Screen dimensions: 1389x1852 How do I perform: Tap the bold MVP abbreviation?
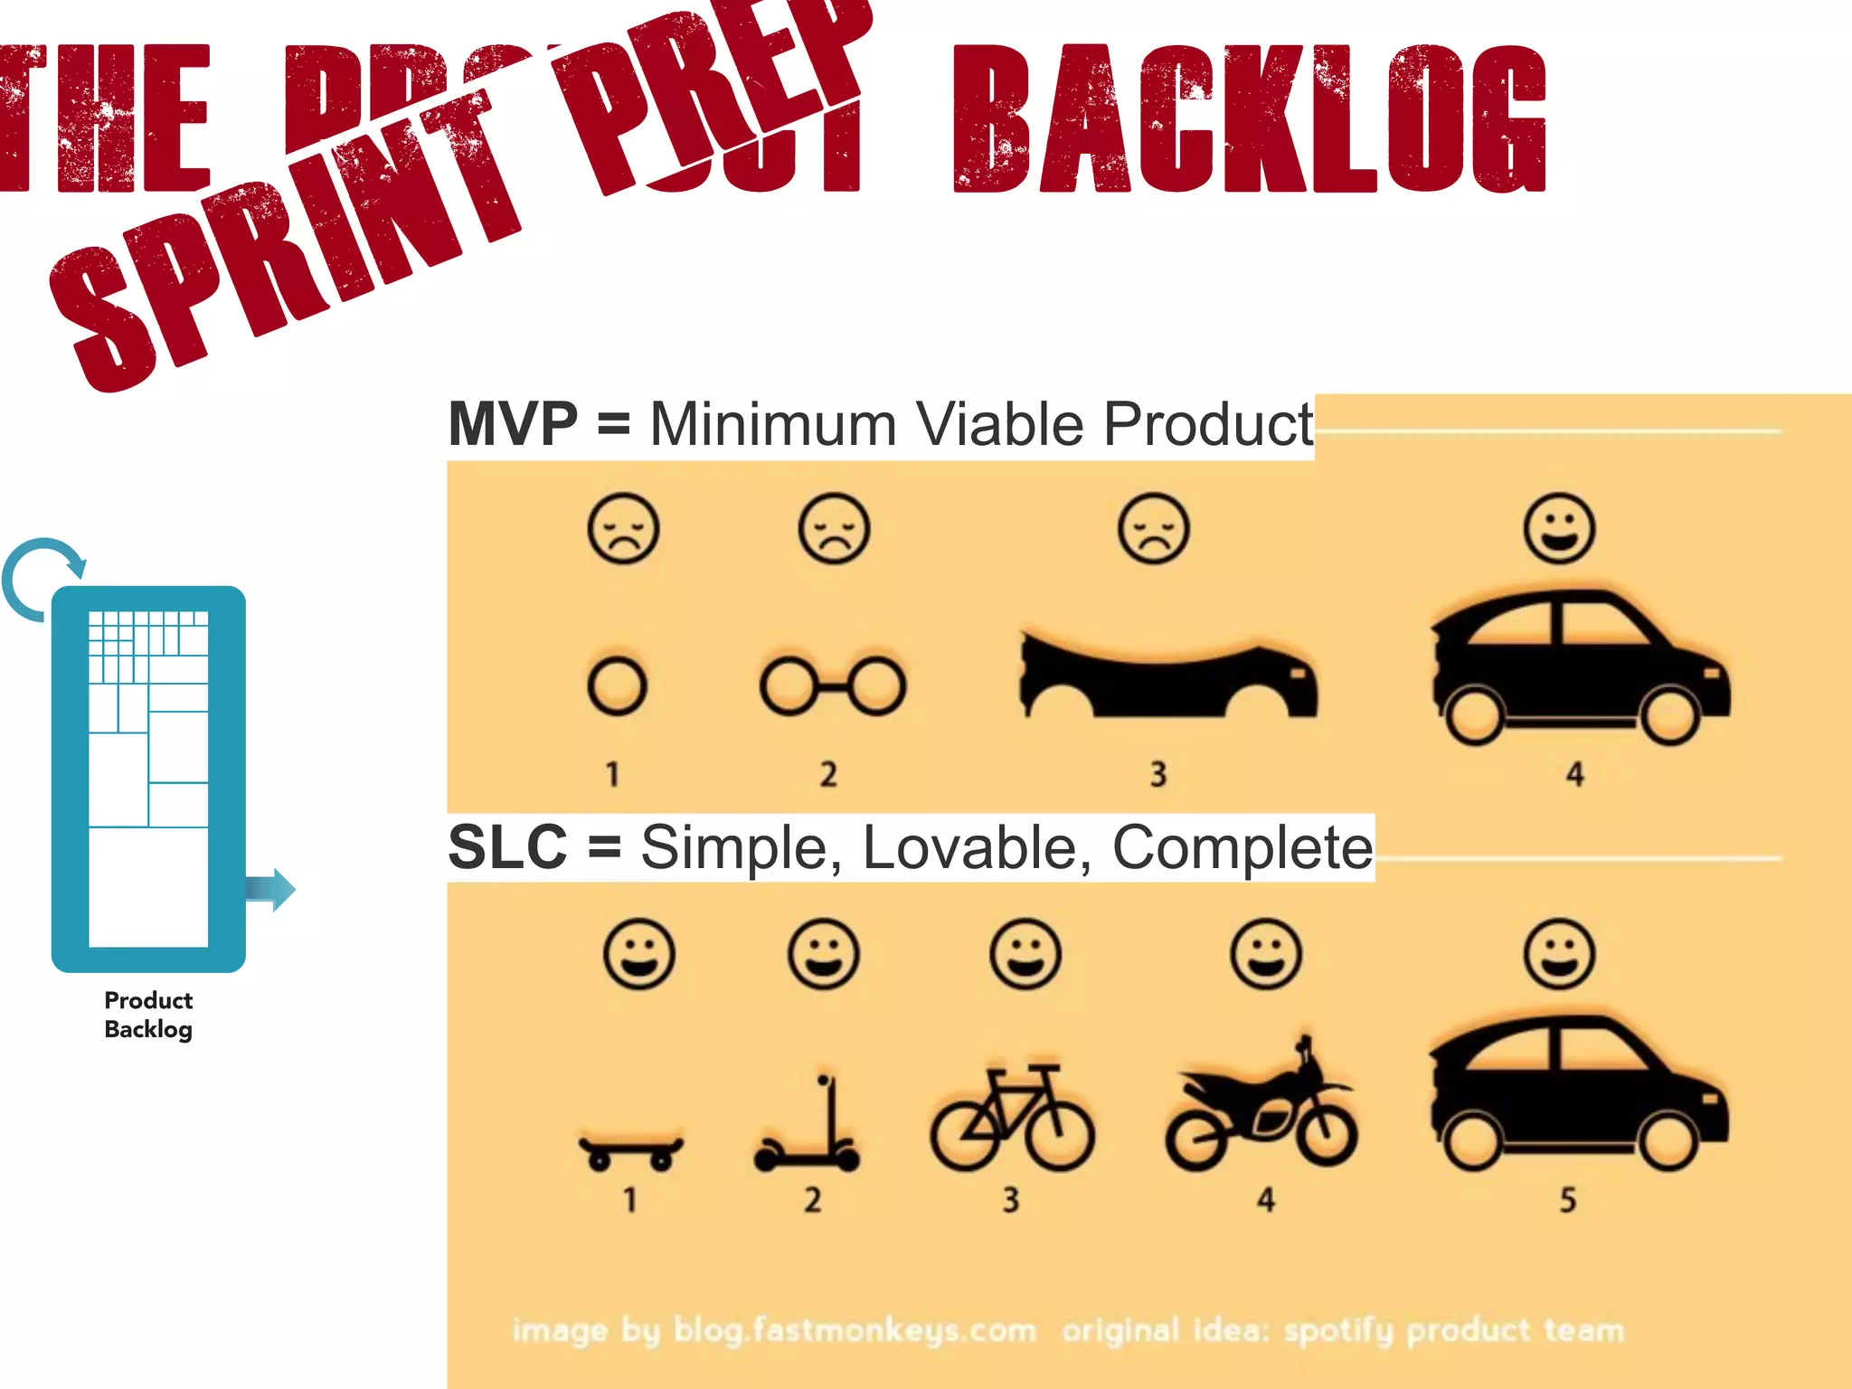pos(513,423)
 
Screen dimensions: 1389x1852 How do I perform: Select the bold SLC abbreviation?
pos(507,847)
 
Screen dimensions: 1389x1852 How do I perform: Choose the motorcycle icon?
pos(1261,1108)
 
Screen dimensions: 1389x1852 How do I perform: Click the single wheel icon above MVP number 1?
pos(617,686)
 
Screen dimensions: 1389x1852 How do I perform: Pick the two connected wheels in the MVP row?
pos(832,685)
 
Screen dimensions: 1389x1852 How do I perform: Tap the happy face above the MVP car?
pos(1559,528)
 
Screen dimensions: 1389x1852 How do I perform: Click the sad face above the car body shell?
pos(1153,528)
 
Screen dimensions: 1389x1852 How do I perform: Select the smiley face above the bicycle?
pos(1025,955)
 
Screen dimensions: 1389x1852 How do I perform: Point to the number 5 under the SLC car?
pos(1567,1200)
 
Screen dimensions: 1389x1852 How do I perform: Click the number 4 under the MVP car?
pos(1574,774)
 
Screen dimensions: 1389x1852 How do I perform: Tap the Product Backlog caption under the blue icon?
pos(148,1015)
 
